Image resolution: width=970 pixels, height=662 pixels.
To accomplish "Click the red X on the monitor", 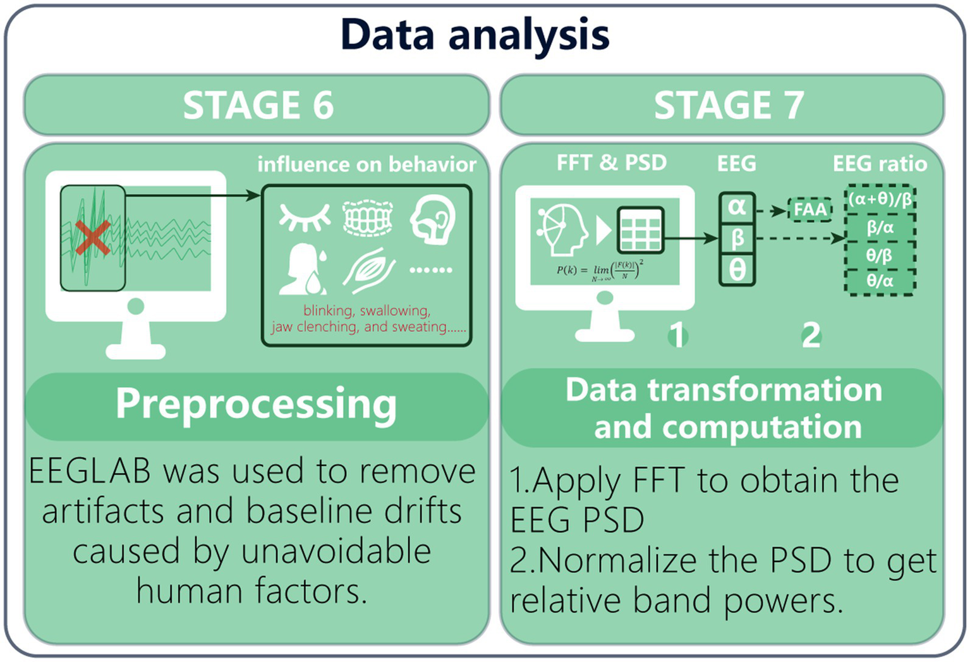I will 92,238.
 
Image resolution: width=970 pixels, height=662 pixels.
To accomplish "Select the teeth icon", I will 368,218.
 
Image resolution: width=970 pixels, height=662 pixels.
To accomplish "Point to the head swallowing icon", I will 433,219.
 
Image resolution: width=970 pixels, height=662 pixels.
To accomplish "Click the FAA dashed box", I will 809,209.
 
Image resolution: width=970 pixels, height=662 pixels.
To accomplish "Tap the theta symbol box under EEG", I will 737,270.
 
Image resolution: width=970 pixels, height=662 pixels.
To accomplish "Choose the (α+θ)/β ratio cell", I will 880,200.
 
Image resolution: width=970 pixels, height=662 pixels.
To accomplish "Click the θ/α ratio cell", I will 880,281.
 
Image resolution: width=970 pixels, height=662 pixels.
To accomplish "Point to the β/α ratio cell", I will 880,228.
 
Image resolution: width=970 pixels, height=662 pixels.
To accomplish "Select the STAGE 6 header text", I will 258,105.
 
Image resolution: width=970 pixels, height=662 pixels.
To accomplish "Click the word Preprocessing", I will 256,404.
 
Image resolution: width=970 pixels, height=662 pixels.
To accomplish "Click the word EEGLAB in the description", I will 90,471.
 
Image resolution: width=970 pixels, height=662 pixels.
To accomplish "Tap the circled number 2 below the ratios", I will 811,336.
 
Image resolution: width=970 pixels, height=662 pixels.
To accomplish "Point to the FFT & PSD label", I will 611,163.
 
